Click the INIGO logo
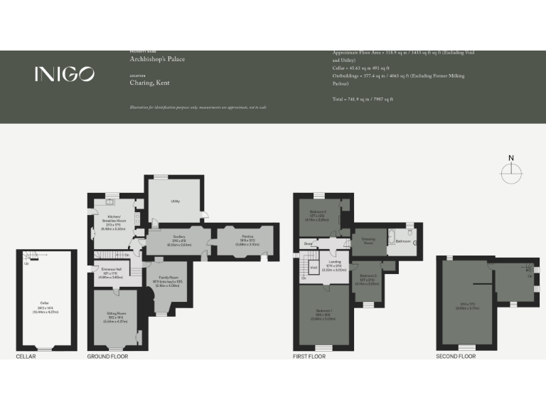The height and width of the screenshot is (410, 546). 64,73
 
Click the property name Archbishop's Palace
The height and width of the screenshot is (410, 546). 157,59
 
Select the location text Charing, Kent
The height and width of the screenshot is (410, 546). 149,83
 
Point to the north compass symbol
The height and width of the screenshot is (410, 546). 510,172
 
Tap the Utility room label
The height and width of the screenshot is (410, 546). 175,201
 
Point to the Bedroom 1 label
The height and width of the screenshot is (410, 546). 323,315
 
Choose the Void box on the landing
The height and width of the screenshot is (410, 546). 314,268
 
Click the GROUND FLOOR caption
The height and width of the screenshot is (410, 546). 107,356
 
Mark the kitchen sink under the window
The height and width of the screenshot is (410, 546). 111,201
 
